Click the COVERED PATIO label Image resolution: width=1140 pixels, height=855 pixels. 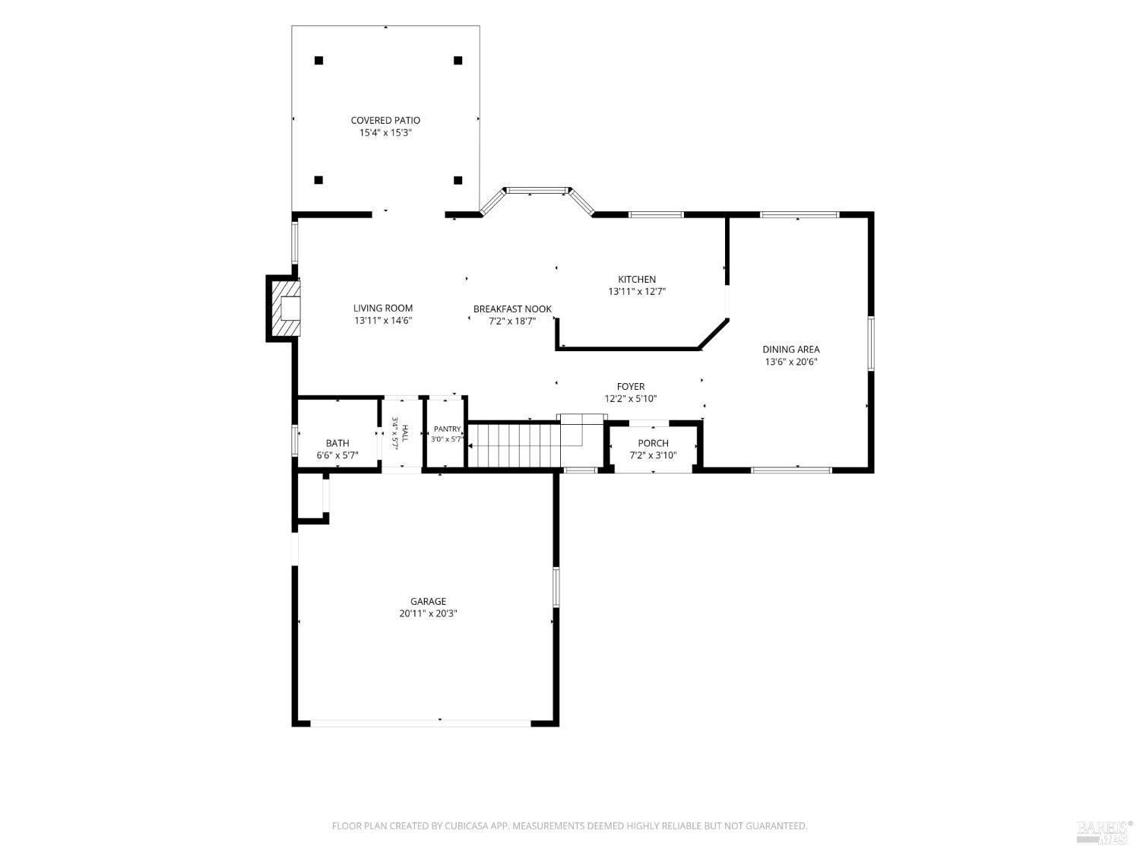click(x=385, y=120)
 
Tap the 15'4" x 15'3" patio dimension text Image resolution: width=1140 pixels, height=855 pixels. click(x=385, y=133)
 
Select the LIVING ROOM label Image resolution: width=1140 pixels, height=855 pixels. click(x=383, y=309)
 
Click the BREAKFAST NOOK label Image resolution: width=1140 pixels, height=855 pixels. click(x=512, y=309)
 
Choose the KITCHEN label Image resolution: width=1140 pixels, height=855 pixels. click(x=637, y=279)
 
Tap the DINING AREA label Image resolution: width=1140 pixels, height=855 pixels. click(x=790, y=350)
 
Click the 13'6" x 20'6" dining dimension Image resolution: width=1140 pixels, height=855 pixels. click(x=790, y=362)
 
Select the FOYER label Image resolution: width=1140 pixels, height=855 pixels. click(x=631, y=386)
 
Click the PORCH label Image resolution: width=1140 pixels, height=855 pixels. click(x=653, y=443)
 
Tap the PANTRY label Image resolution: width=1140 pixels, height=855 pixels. click(x=447, y=429)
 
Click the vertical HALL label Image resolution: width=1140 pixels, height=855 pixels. click(x=405, y=433)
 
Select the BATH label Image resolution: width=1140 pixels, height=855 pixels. click(x=337, y=443)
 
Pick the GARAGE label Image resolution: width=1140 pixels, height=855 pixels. click(x=428, y=601)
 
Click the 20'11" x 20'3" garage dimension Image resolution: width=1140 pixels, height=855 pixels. click(x=428, y=613)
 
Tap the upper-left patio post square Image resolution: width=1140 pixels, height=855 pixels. click(x=319, y=61)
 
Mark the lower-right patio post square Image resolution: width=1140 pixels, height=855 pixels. click(x=458, y=180)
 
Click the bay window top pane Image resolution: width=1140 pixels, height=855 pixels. click(x=537, y=191)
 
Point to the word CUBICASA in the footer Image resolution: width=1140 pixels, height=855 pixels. click(x=466, y=825)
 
